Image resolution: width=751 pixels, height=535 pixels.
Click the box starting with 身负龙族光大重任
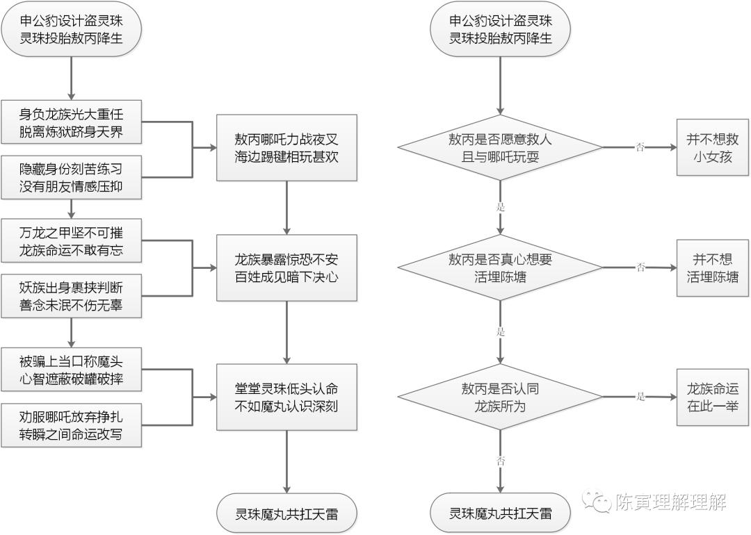coord(71,121)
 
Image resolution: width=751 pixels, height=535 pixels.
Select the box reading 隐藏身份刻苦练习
coord(71,177)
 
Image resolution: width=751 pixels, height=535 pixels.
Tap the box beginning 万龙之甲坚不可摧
coord(71,240)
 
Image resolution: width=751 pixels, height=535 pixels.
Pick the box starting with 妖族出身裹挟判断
coord(71,295)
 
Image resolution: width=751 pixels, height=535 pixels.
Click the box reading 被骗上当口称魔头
coord(71,368)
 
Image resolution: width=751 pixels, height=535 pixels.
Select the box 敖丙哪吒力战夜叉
coord(286,147)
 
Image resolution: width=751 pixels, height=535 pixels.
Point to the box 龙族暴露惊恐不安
coord(286,267)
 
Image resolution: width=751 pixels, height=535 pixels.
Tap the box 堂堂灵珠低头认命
coord(286,397)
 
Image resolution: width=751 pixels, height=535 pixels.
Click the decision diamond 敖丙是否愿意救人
coord(500,147)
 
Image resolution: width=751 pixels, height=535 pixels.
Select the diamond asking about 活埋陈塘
coord(500,267)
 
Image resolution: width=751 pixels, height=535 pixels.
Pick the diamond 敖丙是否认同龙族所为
coord(500,397)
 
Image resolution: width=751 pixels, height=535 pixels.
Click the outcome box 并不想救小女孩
coord(713,147)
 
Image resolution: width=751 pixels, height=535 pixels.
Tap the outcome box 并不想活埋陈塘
coord(713,267)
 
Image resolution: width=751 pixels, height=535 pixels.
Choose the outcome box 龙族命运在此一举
coord(713,397)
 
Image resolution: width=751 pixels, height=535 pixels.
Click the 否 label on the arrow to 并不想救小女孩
coord(640,147)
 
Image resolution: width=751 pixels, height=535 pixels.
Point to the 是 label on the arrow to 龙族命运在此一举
coord(640,397)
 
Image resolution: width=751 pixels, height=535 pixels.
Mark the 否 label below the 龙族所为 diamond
coord(500,461)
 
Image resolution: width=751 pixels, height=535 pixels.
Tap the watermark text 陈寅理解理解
coord(670,502)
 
